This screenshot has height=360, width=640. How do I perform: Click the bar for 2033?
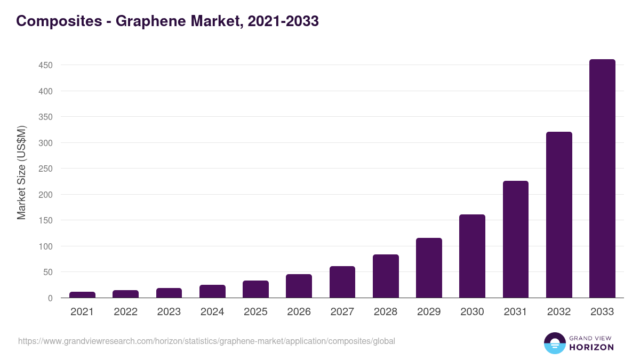click(x=602, y=179)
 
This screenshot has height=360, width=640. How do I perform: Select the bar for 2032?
click(x=559, y=215)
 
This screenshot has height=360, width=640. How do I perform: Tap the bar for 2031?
click(x=516, y=239)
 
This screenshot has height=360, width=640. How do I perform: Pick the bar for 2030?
click(x=472, y=257)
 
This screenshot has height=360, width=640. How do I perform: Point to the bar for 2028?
click(x=386, y=276)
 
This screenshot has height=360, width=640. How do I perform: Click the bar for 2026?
click(x=299, y=286)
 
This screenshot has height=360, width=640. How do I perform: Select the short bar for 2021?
click(x=82, y=295)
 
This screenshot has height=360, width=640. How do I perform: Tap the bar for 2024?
click(x=212, y=291)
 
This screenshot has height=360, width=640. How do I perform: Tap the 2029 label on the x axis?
click(x=429, y=312)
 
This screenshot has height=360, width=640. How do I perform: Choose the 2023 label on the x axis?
click(x=169, y=312)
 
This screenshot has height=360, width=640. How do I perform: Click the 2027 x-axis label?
click(x=342, y=312)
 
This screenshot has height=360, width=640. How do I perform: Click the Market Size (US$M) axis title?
click(x=21, y=172)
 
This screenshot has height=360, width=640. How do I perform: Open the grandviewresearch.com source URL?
click(x=206, y=341)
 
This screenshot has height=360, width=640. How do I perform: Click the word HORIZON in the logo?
click(x=591, y=347)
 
